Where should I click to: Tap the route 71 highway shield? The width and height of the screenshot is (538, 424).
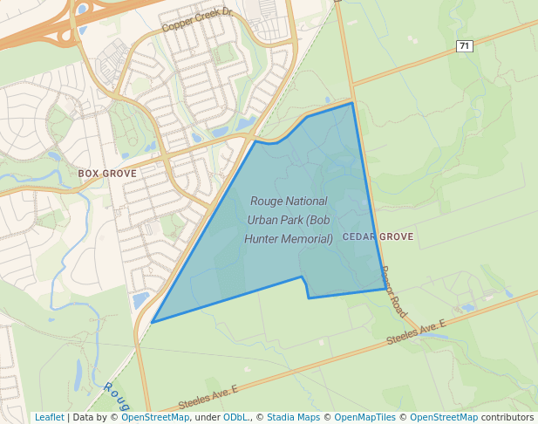[x=464, y=45]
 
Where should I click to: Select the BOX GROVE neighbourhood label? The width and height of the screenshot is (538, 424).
[x=107, y=174]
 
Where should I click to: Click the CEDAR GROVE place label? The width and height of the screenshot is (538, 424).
[x=378, y=236]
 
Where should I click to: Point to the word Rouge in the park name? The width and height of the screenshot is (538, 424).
[x=268, y=201]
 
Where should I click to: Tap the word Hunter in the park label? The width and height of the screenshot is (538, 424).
[x=264, y=238]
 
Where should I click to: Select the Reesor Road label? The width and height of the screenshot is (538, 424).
[x=394, y=291]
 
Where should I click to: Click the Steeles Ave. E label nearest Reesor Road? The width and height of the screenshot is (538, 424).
[x=418, y=330]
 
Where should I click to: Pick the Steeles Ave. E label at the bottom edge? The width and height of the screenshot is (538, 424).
[x=208, y=400]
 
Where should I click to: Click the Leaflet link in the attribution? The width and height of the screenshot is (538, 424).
[x=49, y=417]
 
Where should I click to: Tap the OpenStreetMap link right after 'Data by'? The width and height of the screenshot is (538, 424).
[x=155, y=417]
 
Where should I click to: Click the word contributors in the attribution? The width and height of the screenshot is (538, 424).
[x=507, y=417]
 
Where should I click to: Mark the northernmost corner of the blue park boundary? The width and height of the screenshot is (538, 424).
[x=352, y=103]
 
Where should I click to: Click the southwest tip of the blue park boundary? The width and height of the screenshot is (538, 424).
[x=152, y=322]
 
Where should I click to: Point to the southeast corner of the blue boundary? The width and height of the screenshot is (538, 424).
[x=385, y=290]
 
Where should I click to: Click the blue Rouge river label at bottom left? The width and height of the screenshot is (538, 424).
[x=116, y=397]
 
